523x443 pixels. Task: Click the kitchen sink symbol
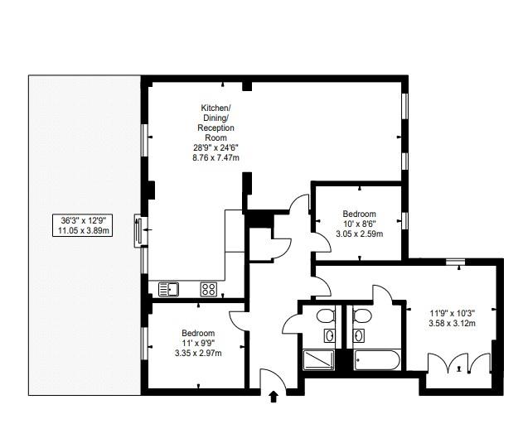click(x=168, y=289)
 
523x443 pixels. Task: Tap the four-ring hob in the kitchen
click(x=209, y=289)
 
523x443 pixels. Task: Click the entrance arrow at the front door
click(x=274, y=397)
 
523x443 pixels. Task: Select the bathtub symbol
click(x=377, y=359)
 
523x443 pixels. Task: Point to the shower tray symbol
click(x=319, y=360)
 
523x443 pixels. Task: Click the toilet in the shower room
click(x=326, y=315)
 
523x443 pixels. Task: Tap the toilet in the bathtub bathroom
click(x=362, y=315)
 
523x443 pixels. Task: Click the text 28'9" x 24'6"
click(x=215, y=147)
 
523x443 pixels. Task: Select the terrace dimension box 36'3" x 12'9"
click(x=83, y=226)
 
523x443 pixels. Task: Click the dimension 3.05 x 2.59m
click(x=359, y=234)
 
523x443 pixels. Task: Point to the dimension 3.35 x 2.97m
click(x=198, y=353)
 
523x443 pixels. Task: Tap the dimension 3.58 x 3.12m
click(x=453, y=323)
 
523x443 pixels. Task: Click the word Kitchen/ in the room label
click(x=215, y=108)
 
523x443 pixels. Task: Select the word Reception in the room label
click(x=215, y=128)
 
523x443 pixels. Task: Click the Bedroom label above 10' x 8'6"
click(x=359, y=214)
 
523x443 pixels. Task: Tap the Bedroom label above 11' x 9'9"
click(x=198, y=333)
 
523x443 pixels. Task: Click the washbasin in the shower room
click(x=330, y=335)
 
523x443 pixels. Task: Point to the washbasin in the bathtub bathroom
click(x=359, y=335)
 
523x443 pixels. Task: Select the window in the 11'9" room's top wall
click(x=455, y=262)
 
